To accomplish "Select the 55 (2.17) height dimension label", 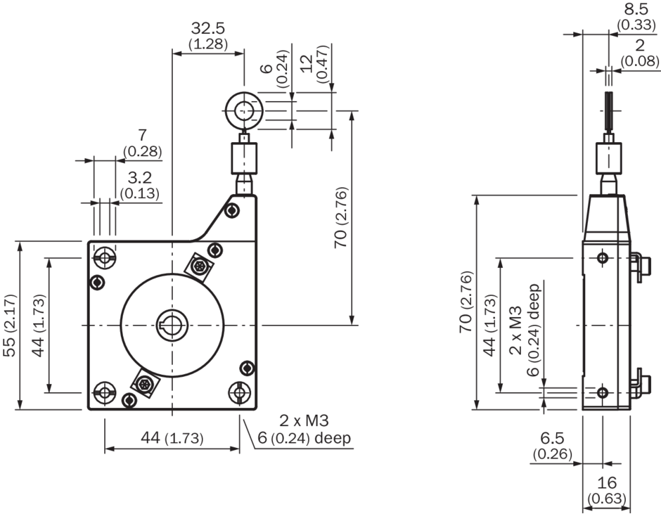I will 9,326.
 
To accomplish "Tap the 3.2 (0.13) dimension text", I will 140,185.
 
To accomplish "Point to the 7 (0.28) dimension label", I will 142,143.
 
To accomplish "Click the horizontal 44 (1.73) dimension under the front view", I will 172,438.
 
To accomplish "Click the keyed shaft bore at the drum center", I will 172,326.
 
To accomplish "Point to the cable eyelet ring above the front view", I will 244,111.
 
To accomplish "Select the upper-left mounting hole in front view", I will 105,258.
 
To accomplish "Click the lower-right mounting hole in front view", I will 240,391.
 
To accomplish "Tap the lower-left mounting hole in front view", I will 105,391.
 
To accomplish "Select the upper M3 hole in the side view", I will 602,258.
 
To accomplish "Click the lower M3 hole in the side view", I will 602,391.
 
